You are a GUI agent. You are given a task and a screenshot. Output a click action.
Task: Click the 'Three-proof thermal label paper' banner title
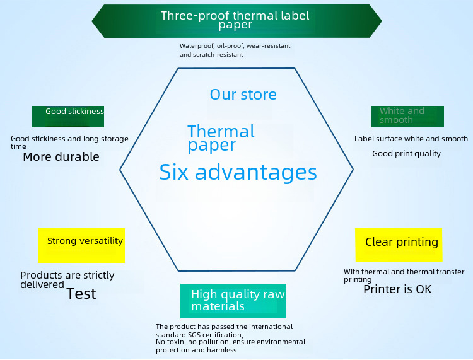[235, 20]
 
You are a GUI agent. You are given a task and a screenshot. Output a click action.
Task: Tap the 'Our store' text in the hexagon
[243, 95]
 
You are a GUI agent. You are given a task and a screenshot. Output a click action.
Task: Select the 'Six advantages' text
[238, 172]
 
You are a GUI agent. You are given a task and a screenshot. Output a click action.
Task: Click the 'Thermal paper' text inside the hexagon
[221, 138]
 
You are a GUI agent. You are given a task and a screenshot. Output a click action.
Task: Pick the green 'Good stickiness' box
[67, 117]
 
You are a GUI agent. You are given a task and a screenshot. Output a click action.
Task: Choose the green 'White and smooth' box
[407, 116]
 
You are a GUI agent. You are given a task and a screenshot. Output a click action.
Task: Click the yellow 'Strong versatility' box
[81, 245]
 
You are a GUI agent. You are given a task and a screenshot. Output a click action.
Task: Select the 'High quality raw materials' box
[233, 301]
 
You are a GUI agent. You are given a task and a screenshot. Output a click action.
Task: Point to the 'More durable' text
[61, 157]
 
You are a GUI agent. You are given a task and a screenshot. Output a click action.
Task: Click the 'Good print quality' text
[406, 153]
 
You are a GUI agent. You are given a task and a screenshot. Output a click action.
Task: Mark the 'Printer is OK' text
[397, 289]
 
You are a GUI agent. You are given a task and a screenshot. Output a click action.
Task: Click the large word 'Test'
[81, 294]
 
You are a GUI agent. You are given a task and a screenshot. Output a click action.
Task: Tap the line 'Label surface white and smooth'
[411, 139]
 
